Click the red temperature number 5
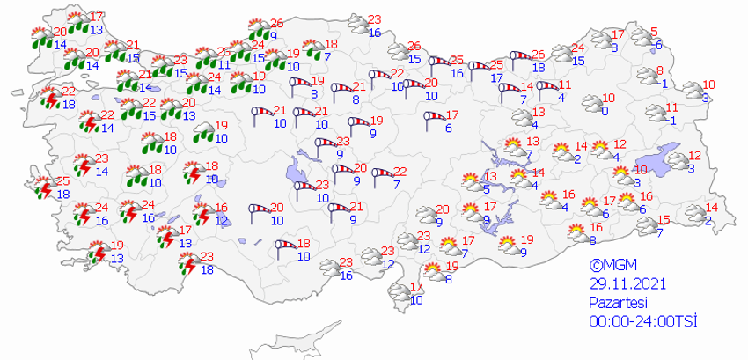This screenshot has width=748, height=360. [653, 33]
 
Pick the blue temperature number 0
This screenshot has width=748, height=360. [605, 111]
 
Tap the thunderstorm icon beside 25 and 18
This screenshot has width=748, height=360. [41, 187]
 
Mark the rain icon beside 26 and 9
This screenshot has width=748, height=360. [258, 27]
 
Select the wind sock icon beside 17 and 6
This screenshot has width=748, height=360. [434, 120]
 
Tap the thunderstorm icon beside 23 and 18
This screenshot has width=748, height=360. [187, 263]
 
